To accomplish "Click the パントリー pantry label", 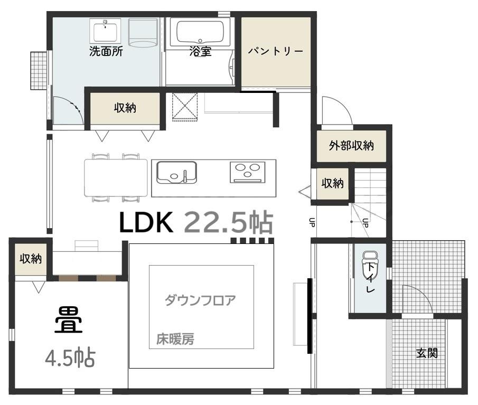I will (276, 51).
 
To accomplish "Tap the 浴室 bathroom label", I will (200, 51).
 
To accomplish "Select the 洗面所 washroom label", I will (106, 51).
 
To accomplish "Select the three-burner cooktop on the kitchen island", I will (247, 172).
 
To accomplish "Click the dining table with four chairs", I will (116, 177).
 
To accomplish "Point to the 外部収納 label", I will (351, 145).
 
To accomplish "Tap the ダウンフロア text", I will (200, 300).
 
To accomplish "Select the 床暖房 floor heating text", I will (175, 339).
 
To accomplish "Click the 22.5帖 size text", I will (228, 223).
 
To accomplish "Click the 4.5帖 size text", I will (69, 359).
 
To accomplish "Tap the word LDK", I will (146, 223).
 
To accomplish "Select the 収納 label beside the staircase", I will (333, 183).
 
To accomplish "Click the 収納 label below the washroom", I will (125, 108).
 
